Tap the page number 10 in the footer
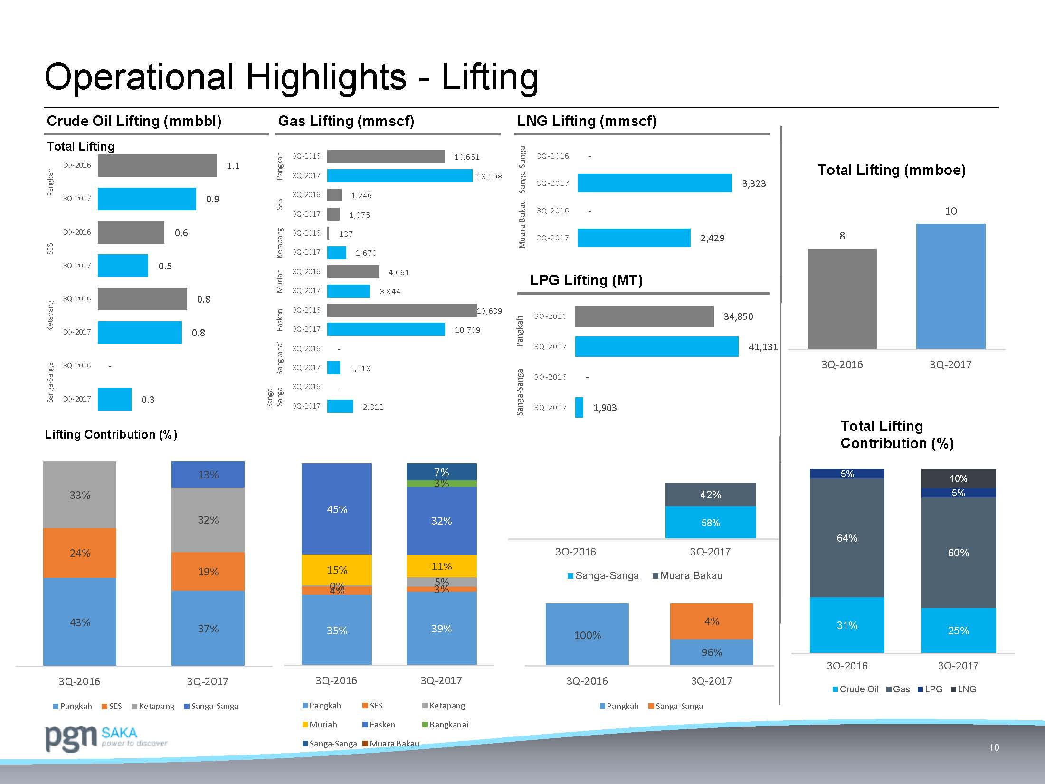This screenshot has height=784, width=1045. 994,747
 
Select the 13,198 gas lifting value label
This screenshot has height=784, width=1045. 489,176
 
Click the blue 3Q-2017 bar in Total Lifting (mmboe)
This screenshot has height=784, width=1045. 950,286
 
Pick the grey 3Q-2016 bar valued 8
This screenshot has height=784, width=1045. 842,298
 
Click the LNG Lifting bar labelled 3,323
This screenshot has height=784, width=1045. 654,183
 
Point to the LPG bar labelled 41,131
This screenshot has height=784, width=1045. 656,346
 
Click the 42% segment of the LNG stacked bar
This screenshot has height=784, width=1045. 710,495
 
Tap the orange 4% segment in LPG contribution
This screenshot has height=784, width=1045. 711,621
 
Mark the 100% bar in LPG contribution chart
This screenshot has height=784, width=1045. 587,634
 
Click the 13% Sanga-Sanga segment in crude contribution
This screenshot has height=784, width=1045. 208,474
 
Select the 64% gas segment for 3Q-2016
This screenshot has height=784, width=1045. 847,537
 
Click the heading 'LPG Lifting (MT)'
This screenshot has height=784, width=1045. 586,280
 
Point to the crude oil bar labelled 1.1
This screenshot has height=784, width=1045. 157,165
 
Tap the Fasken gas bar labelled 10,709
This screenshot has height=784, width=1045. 386,329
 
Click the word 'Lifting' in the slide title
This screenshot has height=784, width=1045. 490,77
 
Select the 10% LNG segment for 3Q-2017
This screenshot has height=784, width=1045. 958,478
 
